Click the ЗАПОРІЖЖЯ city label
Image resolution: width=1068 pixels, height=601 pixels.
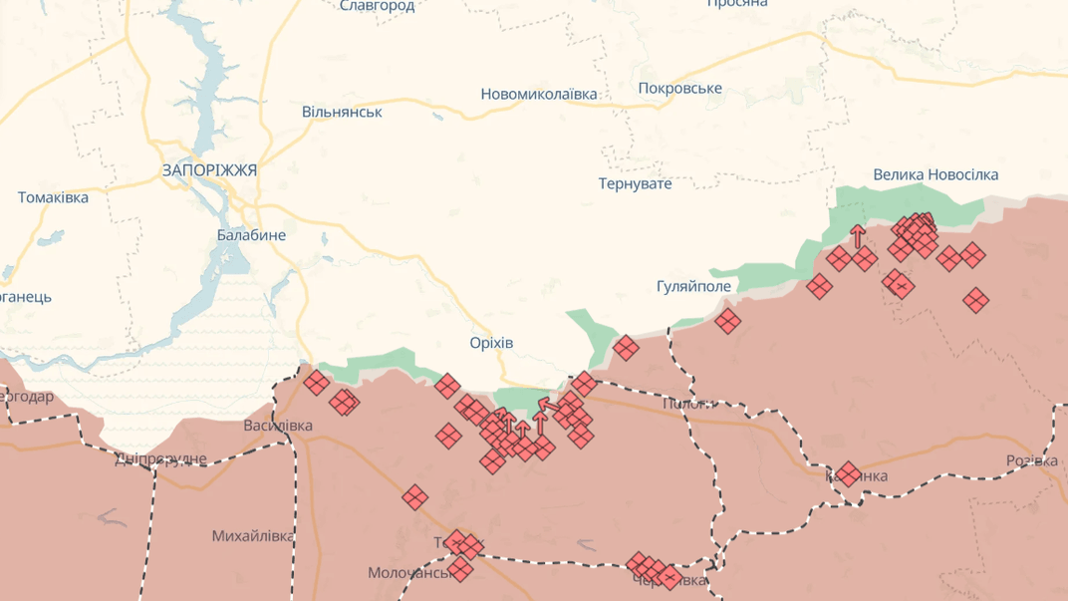pos(209,170)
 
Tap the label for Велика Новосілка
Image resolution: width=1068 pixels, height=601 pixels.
pos(935,174)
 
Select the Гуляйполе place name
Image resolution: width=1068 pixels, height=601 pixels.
pos(693,286)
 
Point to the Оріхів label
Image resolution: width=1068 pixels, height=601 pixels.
pos(491,343)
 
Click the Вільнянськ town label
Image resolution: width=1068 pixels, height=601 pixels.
pos(342,112)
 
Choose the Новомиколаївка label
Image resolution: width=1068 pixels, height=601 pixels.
pos(538,94)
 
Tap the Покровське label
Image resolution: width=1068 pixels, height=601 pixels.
pos(679,88)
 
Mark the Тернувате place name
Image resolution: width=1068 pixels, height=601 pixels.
pos(635,183)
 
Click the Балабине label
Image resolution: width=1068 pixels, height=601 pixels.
pos(251,235)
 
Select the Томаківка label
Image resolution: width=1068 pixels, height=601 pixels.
pos(53,197)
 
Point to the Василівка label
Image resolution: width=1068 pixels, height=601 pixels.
pos(278,426)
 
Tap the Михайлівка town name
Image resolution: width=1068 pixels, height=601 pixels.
pos(253,536)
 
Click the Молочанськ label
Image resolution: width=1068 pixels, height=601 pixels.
pos(410,573)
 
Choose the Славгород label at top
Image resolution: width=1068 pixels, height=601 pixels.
pos(377,6)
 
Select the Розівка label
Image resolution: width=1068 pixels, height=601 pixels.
pos(1031,460)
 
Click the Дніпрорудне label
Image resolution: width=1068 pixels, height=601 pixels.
pos(160,458)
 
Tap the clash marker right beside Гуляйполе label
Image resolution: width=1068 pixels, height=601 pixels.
pos(727,321)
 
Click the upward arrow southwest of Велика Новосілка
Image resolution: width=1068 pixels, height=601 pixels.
pos(857,236)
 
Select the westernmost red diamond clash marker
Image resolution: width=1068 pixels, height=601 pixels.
pos(316,382)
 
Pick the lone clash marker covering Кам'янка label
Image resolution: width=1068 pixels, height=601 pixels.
pos(848,473)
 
